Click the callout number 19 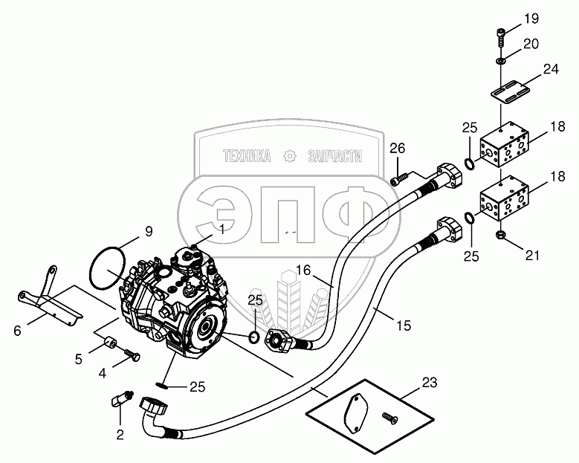pyautogui.click(x=532, y=19)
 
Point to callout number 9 pyautogui.click(x=149, y=231)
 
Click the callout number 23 pyautogui.click(x=430, y=383)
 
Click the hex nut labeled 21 pyautogui.click(x=500, y=235)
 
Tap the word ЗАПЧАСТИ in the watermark pyautogui.click(x=331, y=156)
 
